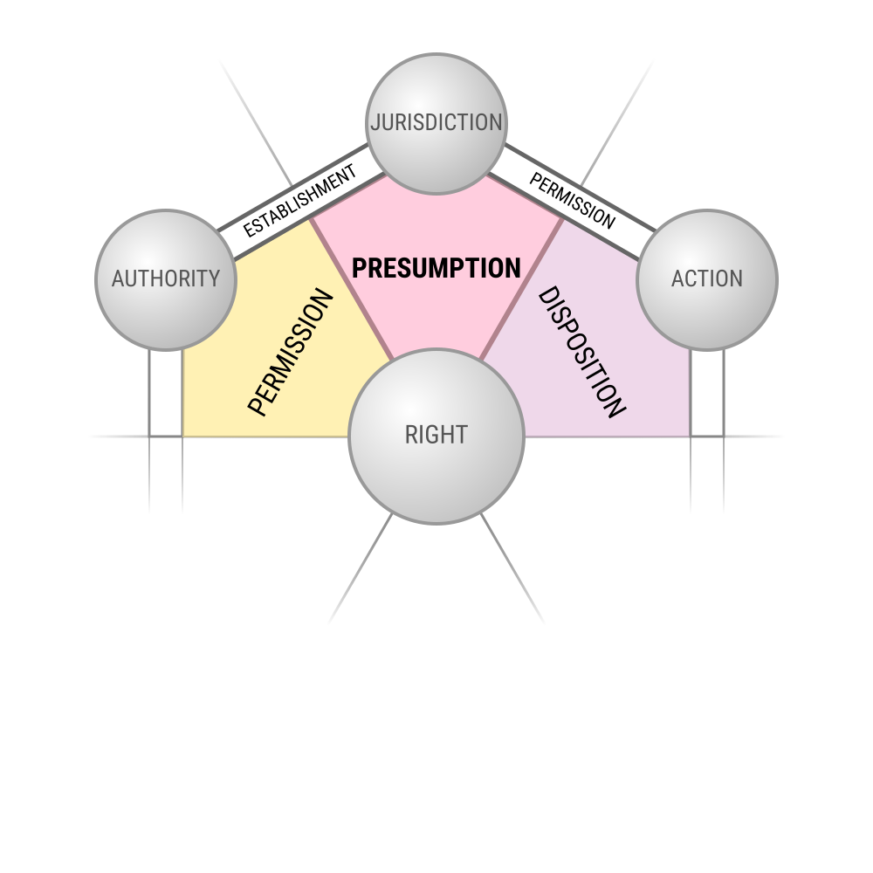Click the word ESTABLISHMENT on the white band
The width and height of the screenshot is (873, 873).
[300, 200]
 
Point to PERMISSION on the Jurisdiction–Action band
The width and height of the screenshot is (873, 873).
[572, 200]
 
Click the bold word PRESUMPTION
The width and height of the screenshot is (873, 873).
[436, 268]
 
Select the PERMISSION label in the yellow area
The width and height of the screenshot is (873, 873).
[291, 353]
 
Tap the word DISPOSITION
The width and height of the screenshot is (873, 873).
[581, 353]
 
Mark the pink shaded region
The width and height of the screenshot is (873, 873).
[436, 314]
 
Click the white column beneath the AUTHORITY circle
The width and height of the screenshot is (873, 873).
[166, 393]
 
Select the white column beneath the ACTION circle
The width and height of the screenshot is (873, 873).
[707, 393]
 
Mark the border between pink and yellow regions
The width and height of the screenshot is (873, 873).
[351, 288]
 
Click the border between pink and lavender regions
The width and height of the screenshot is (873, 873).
[522, 288]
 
